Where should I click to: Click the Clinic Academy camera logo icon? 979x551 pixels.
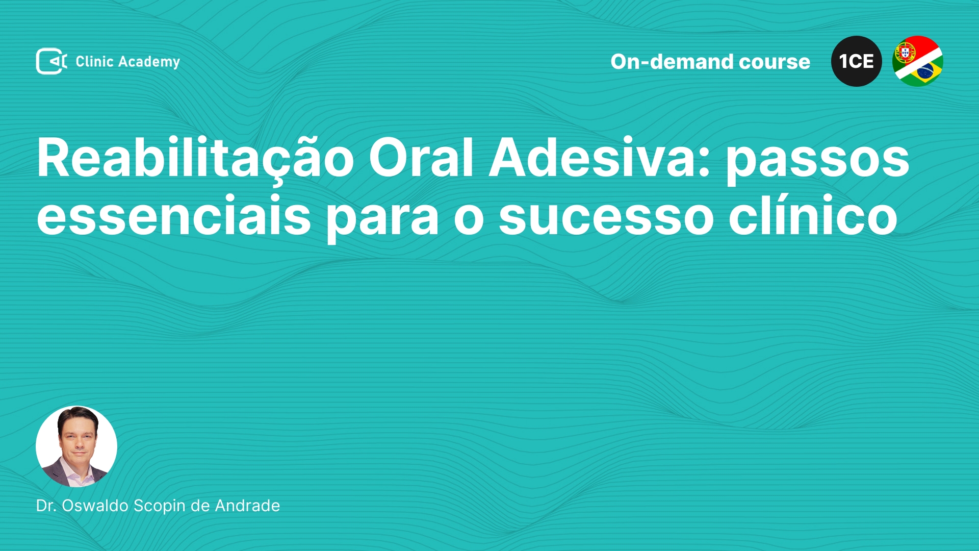click(x=51, y=61)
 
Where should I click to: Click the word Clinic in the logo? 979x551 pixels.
click(x=94, y=61)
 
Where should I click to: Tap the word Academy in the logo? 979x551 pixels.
click(x=149, y=62)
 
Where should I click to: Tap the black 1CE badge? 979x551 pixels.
click(x=857, y=61)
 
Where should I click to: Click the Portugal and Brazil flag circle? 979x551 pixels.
click(x=918, y=61)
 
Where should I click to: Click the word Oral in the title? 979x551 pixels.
click(x=421, y=158)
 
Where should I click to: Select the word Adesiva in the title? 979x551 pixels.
click(x=600, y=158)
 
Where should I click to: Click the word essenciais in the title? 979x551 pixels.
click(x=174, y=215)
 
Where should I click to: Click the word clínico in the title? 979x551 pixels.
click(x=813, y=214)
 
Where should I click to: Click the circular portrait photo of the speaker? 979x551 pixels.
click(x=76, y=446)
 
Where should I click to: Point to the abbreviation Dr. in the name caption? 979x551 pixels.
click(x=46, y=506)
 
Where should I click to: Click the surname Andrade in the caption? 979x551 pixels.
click(x=247, y=506)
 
